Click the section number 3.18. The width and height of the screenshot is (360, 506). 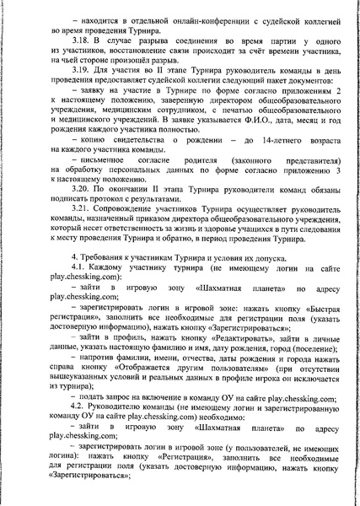coord(81,40)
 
